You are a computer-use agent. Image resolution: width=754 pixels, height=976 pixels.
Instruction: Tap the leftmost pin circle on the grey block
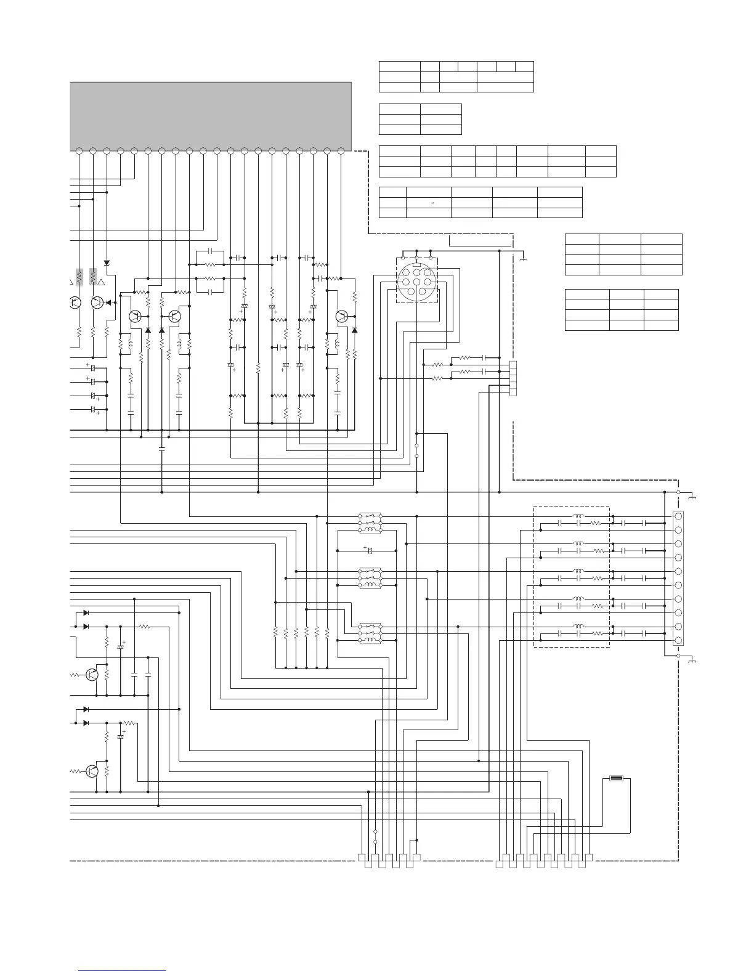(x=79, y=150)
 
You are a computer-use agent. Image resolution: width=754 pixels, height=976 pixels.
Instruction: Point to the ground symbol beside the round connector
(x=523, y=259)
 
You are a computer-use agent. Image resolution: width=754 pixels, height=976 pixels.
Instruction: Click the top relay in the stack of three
(x=370, y=523)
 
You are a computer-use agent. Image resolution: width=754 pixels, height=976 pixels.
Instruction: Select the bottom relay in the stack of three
(x=370, y=633)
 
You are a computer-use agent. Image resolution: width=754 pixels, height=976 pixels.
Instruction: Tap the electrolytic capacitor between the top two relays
(x=370, y=550)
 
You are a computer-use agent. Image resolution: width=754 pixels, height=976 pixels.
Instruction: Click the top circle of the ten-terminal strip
(x=678, y=516)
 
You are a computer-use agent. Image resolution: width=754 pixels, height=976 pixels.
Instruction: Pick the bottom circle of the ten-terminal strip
(x=678, y=641)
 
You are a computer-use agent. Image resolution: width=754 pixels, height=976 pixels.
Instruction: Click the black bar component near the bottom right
(x=615, y=778)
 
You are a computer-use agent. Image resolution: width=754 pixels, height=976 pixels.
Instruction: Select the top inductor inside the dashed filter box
(x=578, y=516)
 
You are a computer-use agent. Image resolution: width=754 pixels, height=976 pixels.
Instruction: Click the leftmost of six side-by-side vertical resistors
(x=276, y=633)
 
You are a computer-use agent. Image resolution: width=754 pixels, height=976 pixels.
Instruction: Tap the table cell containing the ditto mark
(x=429, y=202)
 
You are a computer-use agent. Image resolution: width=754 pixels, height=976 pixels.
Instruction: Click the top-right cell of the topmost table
(x=524, y=67)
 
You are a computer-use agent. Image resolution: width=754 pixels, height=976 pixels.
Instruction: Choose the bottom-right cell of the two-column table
(x=440, y=129)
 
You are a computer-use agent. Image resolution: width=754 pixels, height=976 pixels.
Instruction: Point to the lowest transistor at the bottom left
(x=92, y=771)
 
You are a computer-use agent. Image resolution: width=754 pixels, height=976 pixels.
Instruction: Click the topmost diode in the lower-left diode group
(x=86, y=613)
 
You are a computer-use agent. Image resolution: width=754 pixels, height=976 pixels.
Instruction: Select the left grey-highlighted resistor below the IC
(x=79, y=277)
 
